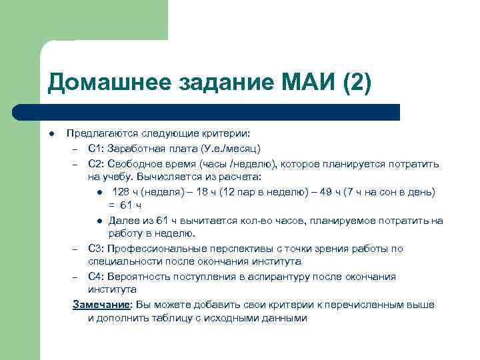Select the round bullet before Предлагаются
[51, 133]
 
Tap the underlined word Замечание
[101, 305]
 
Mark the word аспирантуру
[280, 276]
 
